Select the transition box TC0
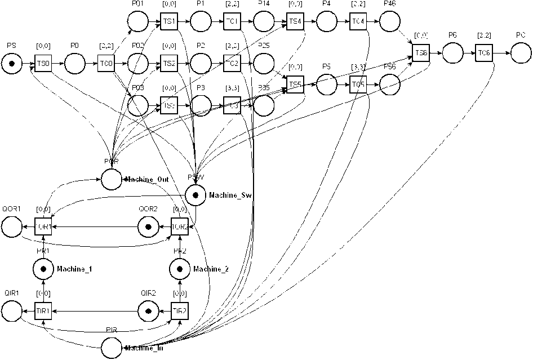tap(106, 64)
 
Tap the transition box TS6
tap(421, 54)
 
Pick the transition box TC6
tap(483, 54)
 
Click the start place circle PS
tap(11, 64)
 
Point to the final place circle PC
tap(522, 54)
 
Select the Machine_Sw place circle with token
tap(195, 195)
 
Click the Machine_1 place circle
tap(43, 269)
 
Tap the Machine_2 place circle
tap(180, 269)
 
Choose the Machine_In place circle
tap(112, 348)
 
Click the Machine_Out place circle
tap(112, 179)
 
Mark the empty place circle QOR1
tap(11, 226)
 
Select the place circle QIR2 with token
tap(148, 310)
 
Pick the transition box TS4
tap(295, 22)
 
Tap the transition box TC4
tap(358, 22)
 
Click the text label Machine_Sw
tap(230, 195)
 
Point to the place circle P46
tap(389, 22)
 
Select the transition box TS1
tap(168, 22)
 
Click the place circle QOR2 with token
tap(148, 226)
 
